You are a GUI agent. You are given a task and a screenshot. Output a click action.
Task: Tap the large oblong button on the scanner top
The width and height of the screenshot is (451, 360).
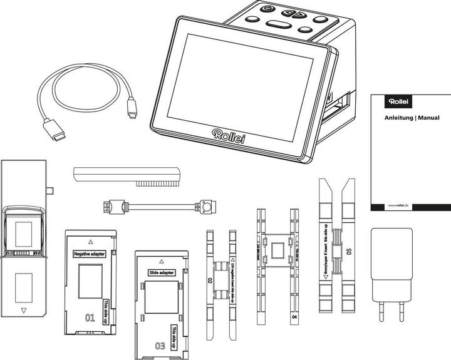279,25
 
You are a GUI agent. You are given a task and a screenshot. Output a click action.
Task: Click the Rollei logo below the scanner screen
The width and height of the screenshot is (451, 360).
229,135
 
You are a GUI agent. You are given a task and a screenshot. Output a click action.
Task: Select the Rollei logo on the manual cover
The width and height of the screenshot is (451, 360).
398,101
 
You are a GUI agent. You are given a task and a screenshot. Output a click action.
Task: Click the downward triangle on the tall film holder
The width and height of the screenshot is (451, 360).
24,310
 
